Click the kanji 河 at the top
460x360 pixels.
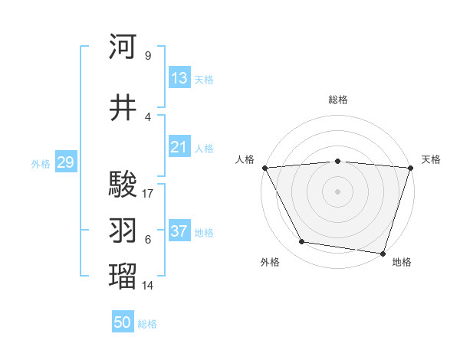tap(123, 47)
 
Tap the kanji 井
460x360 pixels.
tap(123, 109)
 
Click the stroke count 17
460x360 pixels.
tap(149, 194)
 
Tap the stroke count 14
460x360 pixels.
tap(149, 286)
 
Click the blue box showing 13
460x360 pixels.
tap(179, 78)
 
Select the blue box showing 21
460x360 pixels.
tap(179, 147)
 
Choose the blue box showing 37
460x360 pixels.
tap(179, 231)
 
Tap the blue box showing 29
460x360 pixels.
tap(65, 162)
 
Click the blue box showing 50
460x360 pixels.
tap(123, 322)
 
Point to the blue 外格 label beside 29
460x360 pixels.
tap(41, 163)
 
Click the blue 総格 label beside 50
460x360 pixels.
tap(147, 324)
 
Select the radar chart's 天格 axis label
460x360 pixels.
tap(432, 159)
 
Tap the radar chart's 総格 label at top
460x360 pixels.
tap(338, 100)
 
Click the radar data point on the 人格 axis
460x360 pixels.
tap(264, 167)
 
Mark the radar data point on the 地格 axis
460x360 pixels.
tap(383, 253)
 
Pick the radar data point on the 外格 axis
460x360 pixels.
tap(301, 242)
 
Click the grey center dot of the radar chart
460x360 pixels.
tap(337, 191)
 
